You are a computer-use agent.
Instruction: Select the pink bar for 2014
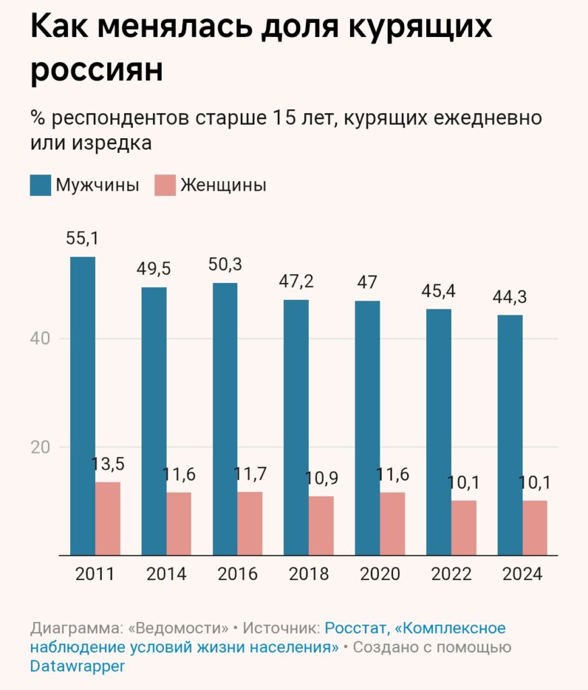(179, 524)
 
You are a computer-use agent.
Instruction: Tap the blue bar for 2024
(510, 435)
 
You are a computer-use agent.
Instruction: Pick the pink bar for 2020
(392, 524)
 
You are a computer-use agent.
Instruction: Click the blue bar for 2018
(296, 427)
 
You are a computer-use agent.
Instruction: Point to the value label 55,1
(82, 238)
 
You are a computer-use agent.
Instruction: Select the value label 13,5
(108, 464)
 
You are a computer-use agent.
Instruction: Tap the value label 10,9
(321, 478)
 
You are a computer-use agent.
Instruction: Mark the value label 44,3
(510, 296)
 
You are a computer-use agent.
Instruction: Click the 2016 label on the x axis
(237, 574)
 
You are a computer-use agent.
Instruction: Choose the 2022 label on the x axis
(451, 574)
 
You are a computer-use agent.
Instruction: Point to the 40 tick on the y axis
(42, 338)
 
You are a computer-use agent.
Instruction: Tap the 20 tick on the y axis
(42, 447)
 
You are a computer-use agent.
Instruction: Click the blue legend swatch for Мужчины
(40, 185)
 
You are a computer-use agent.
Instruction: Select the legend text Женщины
(223, 185)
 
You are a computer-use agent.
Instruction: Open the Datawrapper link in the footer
(78, 666)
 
